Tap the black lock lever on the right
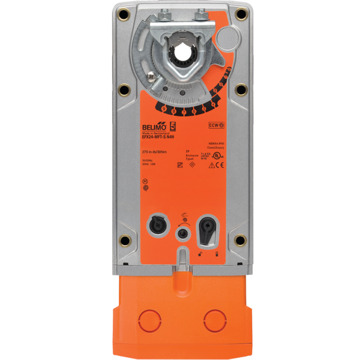pyautogui.click(x=207, y=231)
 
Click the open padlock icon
pyautogui.click(x=201, y=253)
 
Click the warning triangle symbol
pyautogui.click(x=213, y=163)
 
